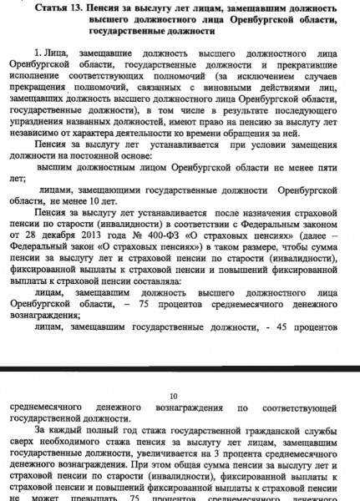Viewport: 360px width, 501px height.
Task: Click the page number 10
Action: (x=174, y=397)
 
